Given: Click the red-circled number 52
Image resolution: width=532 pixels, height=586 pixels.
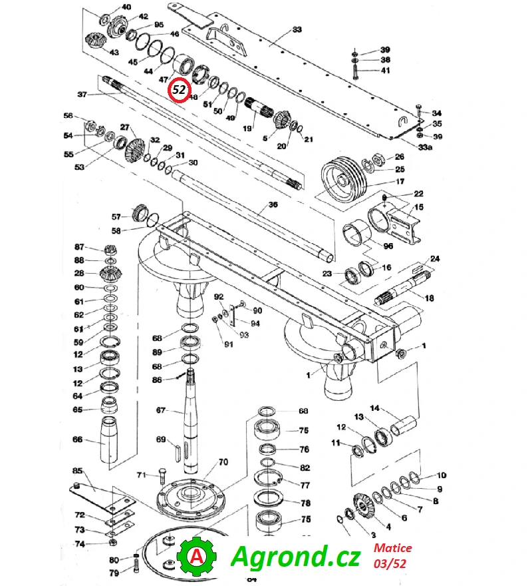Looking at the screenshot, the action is tap(179, 90).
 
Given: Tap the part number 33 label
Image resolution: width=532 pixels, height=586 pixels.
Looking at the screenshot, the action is tap(297, 29).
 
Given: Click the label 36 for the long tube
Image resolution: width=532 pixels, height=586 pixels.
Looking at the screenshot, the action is tap(273, 204).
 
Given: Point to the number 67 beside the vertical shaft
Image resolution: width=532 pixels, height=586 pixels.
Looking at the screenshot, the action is tap(160, 410).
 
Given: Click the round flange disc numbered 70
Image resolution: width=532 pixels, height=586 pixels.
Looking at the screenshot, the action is tap(190, 496).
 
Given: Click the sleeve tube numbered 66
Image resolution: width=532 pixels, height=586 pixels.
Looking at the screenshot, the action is tap(110, 440).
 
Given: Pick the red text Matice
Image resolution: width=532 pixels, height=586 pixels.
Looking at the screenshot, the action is tap(393, 548).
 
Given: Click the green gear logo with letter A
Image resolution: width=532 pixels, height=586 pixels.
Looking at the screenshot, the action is tap(197, 556).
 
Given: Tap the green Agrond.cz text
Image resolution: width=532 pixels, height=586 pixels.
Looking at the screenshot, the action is tap(296, 556).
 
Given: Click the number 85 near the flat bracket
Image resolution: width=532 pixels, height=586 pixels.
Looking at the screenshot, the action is tap(77, 470).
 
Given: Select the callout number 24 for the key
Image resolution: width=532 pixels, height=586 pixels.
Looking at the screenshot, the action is tap(434, 258).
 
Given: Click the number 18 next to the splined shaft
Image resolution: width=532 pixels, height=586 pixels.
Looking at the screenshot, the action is tap(430, 298).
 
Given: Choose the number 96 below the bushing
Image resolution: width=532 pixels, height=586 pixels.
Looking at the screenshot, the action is tap(388, 246).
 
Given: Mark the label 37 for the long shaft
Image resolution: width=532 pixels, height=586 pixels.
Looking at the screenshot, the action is tap(82, 94).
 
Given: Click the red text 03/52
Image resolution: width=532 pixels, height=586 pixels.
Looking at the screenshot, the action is tap(390, 563).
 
